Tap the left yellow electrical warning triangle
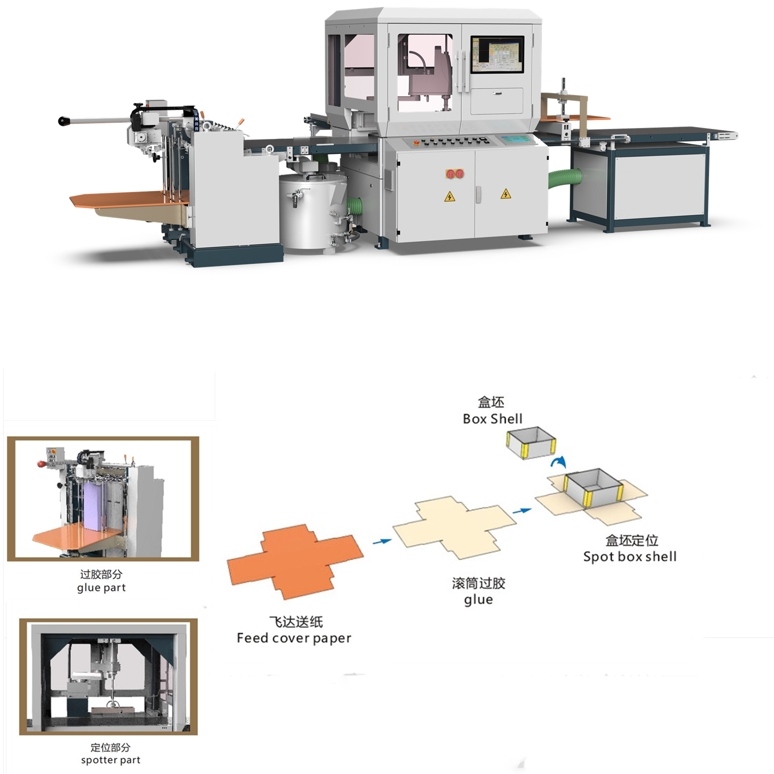tap(450, 197)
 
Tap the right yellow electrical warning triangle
tap(506, 194)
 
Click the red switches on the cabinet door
tap(455, 174)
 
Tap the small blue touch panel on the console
tap(517, 139)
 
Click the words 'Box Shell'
tap(492, 419)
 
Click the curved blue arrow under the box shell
tap(559, 462)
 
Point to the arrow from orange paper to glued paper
tap(382, 542)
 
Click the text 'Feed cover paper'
tap(294, 638)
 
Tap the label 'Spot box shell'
tap(630, 557)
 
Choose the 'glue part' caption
tap(101, 588)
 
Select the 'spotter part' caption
tap(111, 760)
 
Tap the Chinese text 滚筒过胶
tap(478, 583)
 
